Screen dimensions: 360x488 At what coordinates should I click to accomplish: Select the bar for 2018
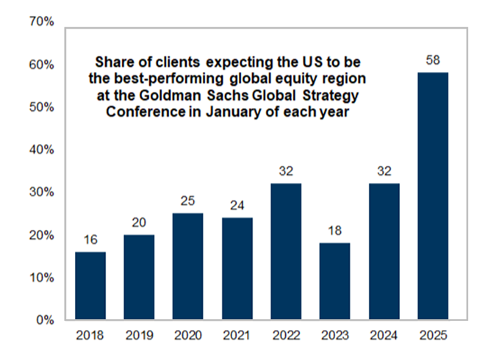pos(91,287)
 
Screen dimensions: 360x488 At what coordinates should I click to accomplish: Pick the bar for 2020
pos(189,267)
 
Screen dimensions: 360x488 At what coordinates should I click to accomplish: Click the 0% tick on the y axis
pos(44,321)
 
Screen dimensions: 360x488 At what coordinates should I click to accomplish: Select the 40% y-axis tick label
pos(41,150)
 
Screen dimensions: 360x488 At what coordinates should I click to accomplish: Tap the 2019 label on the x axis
pos(140,336)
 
